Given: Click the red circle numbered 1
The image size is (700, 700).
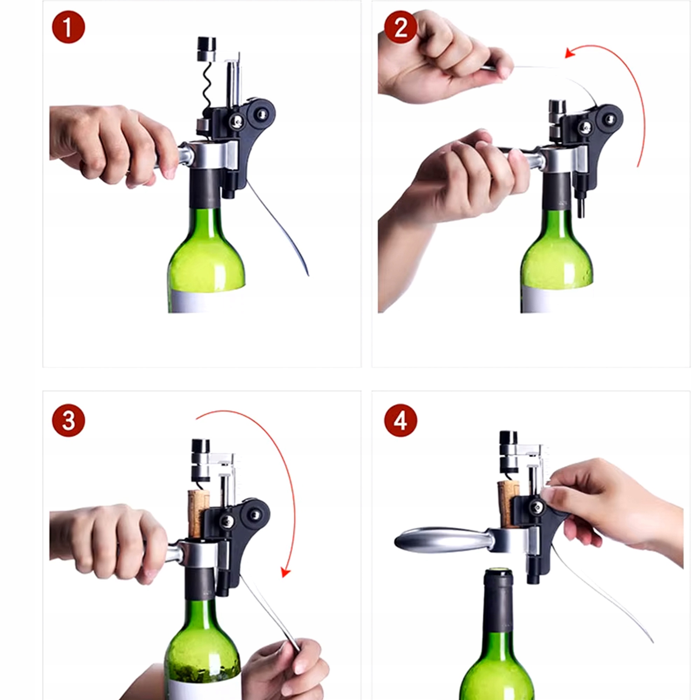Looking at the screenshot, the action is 69,27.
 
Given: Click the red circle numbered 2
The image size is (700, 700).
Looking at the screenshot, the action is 400,27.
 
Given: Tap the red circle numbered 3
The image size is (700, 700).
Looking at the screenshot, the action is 69,421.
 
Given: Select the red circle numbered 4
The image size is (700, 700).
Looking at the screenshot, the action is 400,421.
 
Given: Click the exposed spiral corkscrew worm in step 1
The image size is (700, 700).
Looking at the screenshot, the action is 207,84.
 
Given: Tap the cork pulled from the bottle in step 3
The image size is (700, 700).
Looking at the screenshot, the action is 198,513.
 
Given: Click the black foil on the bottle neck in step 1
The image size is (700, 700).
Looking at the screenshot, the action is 205,188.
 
